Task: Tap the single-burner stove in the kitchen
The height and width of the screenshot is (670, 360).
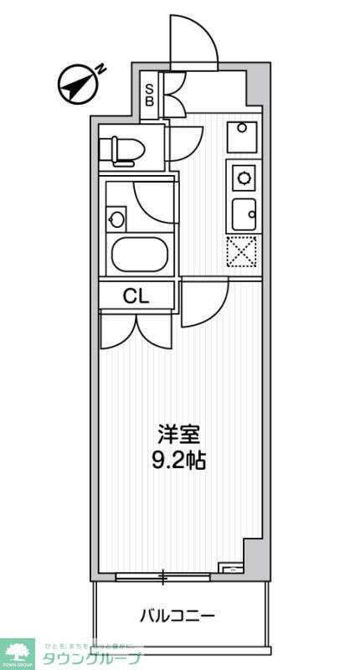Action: [x=244, y=178]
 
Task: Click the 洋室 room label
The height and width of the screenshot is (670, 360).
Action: [x=179, y=435]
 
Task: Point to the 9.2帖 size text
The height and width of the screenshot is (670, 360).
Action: [x=179, y=459]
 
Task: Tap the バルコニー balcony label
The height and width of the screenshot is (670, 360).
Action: [x=177, y=616]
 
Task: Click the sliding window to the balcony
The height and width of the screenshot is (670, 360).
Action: [x=163, y=575]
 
